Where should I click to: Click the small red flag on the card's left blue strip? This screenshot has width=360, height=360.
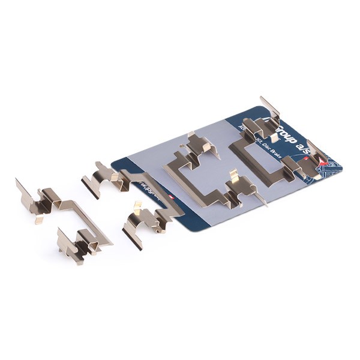(174, 197)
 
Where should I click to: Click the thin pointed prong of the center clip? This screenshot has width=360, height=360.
(262, 197)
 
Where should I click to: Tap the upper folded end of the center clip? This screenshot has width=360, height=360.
(201, 143)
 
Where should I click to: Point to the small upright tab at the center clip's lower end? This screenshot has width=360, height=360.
(234, 178)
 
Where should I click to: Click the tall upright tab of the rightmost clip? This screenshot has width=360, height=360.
(270, 107)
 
